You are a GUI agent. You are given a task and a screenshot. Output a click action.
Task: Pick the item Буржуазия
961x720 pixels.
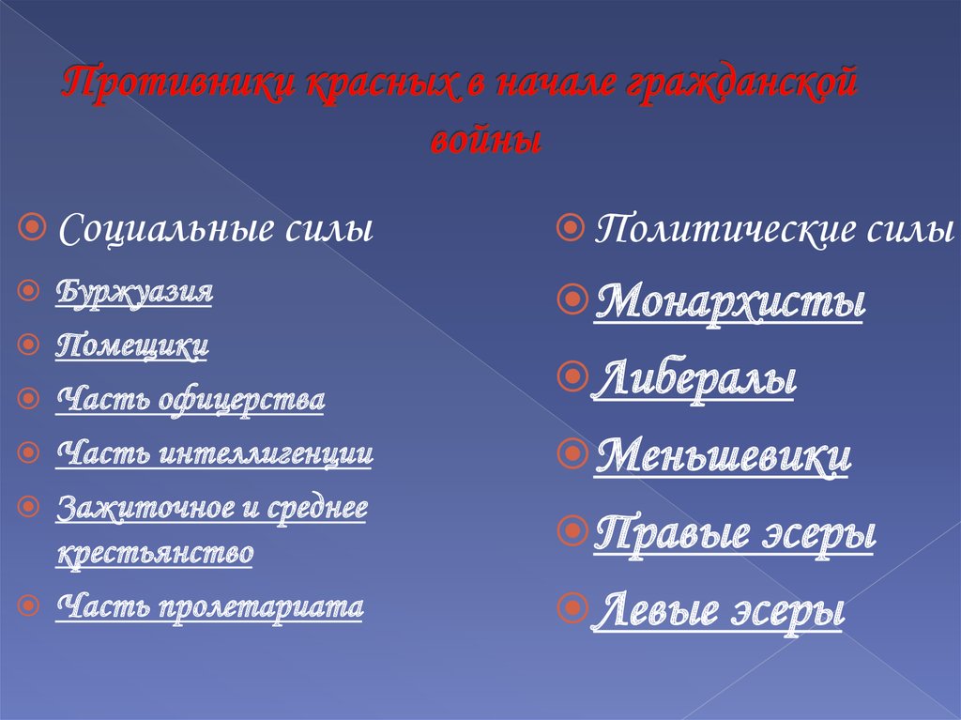[x=134, y=291]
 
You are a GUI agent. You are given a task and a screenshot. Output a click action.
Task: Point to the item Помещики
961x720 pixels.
[x=132, y=345]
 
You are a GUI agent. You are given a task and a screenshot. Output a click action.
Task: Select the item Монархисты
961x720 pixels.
[x=729, y=303]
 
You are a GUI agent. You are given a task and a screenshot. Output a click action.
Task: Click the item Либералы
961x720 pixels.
[x=694, y=380]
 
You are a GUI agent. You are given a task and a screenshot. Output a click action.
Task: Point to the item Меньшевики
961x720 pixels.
[x=723, y=457]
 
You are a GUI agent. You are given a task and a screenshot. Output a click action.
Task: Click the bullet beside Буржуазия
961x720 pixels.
[x=31, y=291]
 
